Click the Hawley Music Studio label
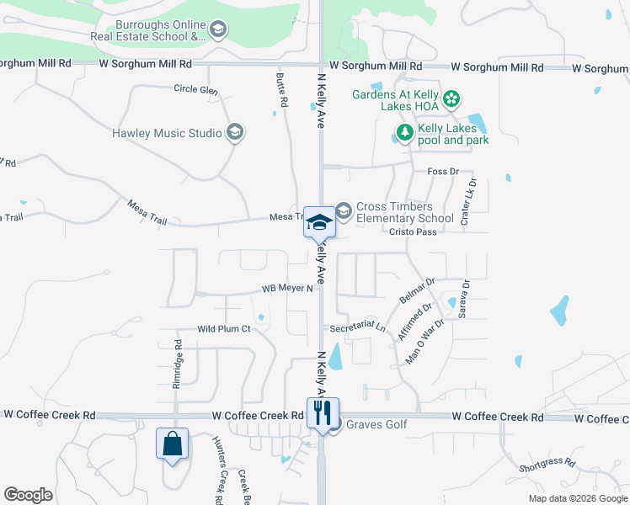pyautogui.click(x=167, y=133)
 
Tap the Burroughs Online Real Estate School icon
pyautogui.click(x=219, y=31)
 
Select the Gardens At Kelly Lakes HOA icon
pyautogui.click(x=451, y=100)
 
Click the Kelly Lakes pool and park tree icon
pyautogui.click(x=405, y=133)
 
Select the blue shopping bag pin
pyautogui.click(x=172, y=444)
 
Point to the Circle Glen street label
pyautogui.click(x=195, y=89)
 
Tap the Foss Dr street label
pyautogui.click(x=441, y=172)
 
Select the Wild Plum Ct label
pyautogui.click(x=224, y=329)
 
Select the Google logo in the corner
pyautogui.click(x=28, y=495)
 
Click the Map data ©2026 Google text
pyautogui.click(x=577, y=498)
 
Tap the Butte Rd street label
pyautogui.click(x=281, y=94)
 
